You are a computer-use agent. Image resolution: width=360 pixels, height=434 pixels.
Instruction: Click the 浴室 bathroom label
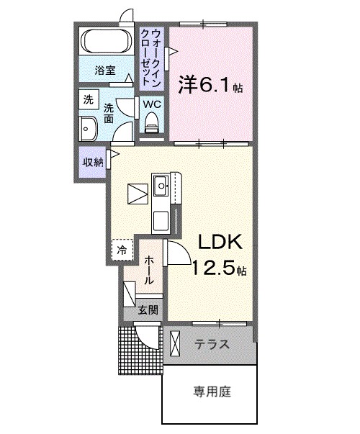[x=105, y=71]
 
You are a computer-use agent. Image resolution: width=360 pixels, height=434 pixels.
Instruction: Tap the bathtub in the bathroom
[x=105, y=42]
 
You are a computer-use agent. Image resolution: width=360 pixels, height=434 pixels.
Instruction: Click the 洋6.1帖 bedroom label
[x=210, y=86]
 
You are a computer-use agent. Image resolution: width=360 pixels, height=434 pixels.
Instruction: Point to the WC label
[x=151, y=104]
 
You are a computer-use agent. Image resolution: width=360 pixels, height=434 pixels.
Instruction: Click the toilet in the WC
[x=151, y=126]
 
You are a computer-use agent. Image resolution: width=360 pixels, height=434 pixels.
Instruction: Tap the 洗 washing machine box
[x=88, y=100]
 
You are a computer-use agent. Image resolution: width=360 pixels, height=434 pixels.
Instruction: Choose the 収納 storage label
[x=91, y=161]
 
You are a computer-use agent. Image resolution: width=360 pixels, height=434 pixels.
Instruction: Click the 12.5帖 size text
[x=219, y=271]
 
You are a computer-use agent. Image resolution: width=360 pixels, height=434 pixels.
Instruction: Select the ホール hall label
[x=148, y=270]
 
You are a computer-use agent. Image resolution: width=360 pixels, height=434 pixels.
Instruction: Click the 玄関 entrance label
[x=148, y=312]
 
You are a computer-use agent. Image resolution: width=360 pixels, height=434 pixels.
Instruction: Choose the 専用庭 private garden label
[x=211, y=392]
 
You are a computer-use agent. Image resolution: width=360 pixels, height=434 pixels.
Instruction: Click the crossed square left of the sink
[x=137, y=193]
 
